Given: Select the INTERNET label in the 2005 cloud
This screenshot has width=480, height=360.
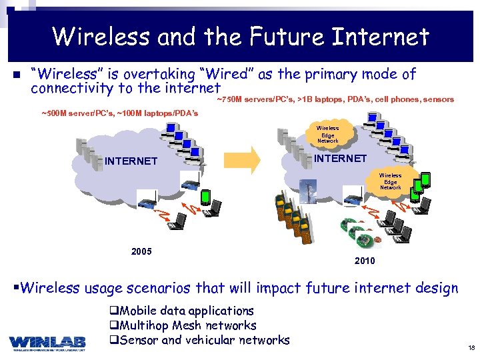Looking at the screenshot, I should pyautogui.click(x=131, y=161).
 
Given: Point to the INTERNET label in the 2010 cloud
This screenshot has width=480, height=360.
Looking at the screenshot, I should pyautogui.click(x=340, y=159).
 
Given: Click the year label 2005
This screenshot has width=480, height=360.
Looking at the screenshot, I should pyautogui.click(x=141, y=251).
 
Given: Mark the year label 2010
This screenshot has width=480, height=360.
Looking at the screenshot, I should pyautogui.click(x=365, y=261).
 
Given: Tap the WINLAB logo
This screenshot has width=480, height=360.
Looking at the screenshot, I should pyautogui.click(x=47, y=342).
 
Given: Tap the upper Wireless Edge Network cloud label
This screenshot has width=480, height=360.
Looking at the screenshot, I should pyautogui.click(x=327, y=135).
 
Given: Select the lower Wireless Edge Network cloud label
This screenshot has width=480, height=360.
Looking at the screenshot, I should pyautogui.click(x=391, y=182).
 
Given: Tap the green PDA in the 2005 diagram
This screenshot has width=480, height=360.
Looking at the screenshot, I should pyautogui.click(x=206, y=197).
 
